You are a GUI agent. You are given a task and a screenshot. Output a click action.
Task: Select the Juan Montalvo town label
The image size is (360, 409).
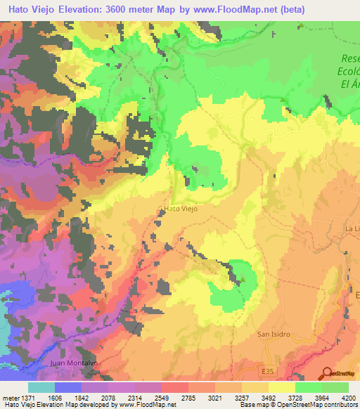[x=72, y=363]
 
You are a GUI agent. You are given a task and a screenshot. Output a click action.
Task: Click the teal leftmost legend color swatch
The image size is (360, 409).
[x=41, y=387]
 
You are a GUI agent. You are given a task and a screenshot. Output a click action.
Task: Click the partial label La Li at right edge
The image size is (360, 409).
[x=352, y=229]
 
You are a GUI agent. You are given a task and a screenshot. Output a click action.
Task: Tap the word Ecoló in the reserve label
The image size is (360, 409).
[x=348, y=71]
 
